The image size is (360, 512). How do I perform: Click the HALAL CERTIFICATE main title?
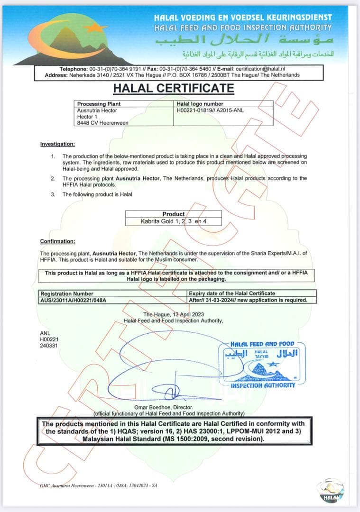pos(173,88)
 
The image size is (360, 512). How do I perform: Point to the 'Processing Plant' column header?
pos(99,104)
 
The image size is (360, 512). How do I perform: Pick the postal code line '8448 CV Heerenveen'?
pos(102,123)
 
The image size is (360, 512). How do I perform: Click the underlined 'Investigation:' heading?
pos(57,144)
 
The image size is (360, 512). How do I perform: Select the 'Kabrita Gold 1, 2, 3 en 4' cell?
pos(174,221)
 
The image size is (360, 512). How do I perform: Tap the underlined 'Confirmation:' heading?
pos(57,241)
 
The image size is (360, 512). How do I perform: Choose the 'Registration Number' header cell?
pos(67,293)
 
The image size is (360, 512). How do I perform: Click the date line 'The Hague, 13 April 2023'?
pos(173,315)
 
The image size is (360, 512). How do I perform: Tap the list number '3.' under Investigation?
pos(53,194)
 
